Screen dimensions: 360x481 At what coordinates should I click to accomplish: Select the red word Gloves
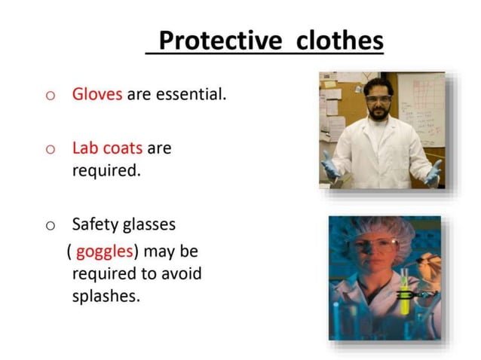pyautogui.click(x=97, y=96)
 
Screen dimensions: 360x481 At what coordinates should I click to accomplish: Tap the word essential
pyautogui.click(x=191, y=96)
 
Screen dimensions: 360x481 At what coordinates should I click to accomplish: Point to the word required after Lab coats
pyautogui.click(x=106, y=170)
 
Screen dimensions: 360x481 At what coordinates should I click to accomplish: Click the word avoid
pyautogui.click(x=179, y=273)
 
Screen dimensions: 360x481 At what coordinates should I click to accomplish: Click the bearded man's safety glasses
pyautogui.click(x=378, y=101)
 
